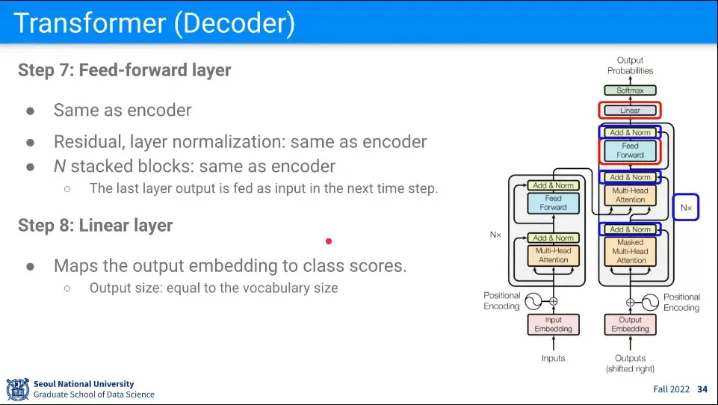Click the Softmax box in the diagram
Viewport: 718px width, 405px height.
click(x=630, y=90)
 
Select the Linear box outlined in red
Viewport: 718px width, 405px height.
click(x=630, y=111)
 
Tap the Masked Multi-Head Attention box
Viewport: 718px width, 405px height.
click(x=631, y=252)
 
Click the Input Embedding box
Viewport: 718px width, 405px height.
click(x=553, y=324)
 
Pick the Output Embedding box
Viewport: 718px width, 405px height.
click(x=630, y=324)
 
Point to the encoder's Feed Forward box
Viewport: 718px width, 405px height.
click(x=553, y=203)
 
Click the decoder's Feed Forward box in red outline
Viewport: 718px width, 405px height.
click(x=630, y=151)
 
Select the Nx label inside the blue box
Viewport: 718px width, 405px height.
click(x=686, y=207)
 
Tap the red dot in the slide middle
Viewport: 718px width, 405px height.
click(x=328, y=241)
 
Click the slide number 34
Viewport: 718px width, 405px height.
click(x=702, y=389)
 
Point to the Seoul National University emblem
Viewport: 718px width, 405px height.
click(x=17, y=389)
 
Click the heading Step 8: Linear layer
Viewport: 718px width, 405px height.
click(x=95, y=226)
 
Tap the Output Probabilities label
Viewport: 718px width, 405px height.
click(x=630, y=66)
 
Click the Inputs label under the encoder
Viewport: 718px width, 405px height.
click(x=553, y=359)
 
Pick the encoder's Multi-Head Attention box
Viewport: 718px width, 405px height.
click(x=553, y=256)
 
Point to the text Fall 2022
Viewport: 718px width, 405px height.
click(x=671, y=389)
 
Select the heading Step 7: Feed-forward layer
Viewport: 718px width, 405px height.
click(x=124, y=70)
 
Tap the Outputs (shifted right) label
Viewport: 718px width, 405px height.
click(x=630, y=363)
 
